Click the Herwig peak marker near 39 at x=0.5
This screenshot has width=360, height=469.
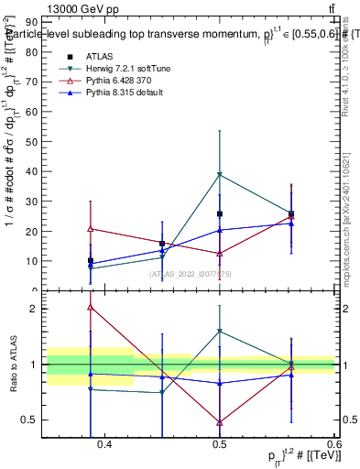[220, 174]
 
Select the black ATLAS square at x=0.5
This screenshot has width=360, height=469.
[220, 213]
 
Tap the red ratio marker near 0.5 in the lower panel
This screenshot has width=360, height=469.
[220, 422]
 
